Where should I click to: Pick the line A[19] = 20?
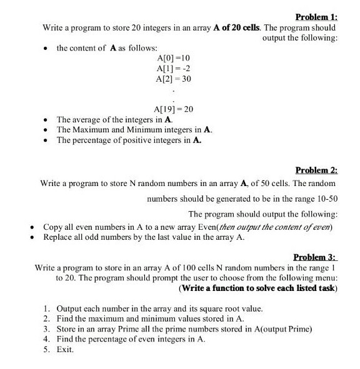174,109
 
